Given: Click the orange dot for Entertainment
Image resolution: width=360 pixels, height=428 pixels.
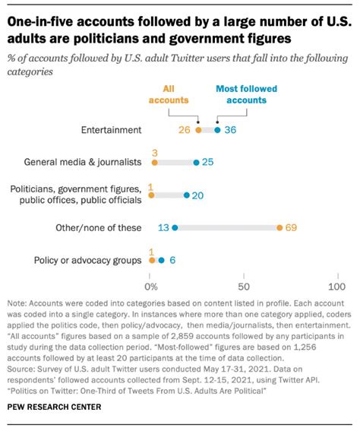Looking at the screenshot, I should [x=199, y=130].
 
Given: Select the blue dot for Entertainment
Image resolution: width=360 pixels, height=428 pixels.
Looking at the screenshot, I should [x=217, y=130].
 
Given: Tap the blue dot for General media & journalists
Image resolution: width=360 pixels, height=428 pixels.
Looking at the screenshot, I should [x=197, y=162].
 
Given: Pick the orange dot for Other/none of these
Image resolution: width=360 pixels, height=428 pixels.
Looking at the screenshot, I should [x=279, y=227].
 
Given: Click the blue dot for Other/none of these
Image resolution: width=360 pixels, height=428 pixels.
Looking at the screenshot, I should [x=175, y=227].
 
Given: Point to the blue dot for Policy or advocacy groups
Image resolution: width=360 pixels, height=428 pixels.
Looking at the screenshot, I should [x=161, y=260].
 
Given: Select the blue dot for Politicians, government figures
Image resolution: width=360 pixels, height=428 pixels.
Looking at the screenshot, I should [x=188, y=195].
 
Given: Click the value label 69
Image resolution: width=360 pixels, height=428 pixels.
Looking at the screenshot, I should [x=291, y=227].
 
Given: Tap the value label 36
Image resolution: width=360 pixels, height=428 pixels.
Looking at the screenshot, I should [x=231, y=130].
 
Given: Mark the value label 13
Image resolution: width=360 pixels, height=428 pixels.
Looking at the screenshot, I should [x=162, y=227].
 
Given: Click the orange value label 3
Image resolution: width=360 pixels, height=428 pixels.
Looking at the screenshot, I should [x=154, y=152].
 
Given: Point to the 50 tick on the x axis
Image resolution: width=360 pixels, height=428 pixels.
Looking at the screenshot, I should [x=244, y=287].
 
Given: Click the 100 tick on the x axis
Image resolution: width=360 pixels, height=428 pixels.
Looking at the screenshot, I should [x=335, y=287].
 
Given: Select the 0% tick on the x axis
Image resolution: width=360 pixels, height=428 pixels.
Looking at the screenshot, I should [x=152, y=287].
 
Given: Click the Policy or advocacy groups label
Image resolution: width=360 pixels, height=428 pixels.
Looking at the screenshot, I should [x=88, y=260].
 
